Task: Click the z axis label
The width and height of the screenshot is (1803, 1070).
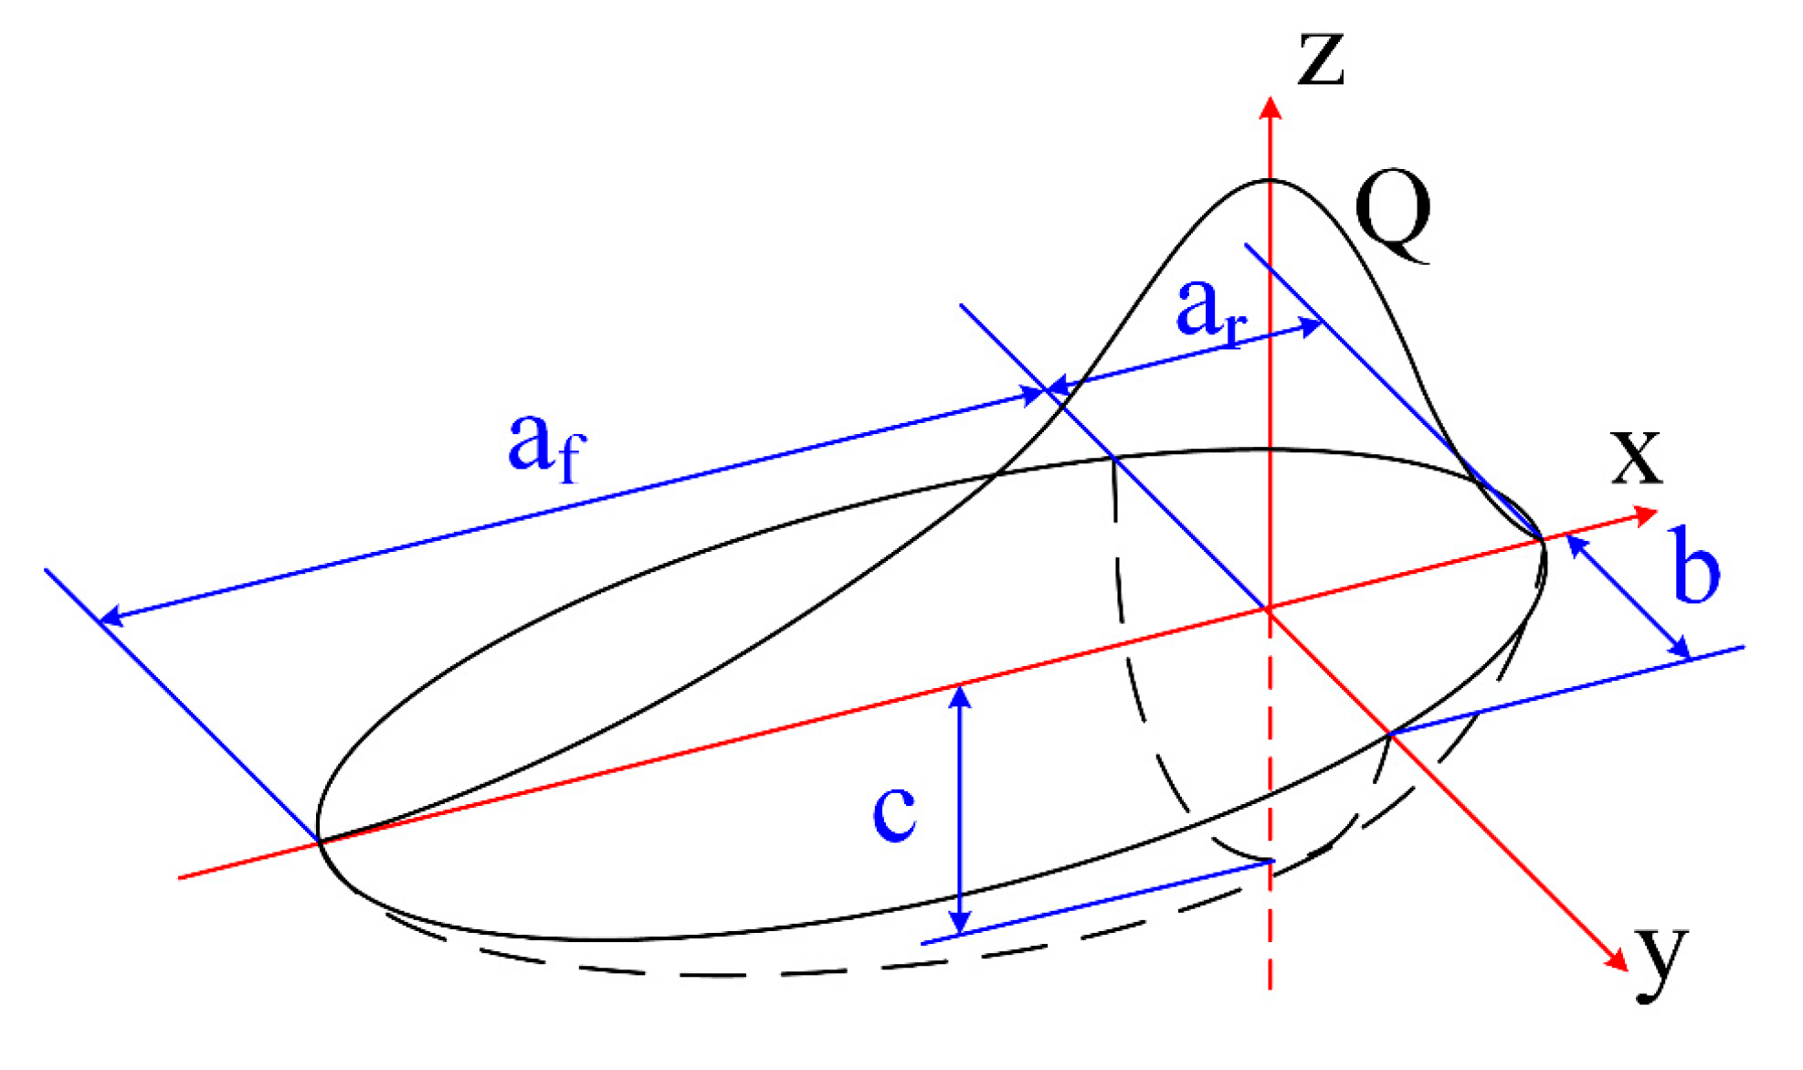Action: tap(1321, 59)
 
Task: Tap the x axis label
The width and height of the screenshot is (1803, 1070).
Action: tap(1636, 456)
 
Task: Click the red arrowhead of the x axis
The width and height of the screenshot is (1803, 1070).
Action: tap(1646, 516)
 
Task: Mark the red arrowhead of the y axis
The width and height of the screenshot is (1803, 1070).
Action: tap(1618, 960)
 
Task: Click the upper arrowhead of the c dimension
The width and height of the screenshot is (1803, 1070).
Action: tap(959, 696)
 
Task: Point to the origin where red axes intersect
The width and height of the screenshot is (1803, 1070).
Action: tap(1269, 609)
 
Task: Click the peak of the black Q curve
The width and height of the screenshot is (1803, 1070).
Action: tap(1269, 180)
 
